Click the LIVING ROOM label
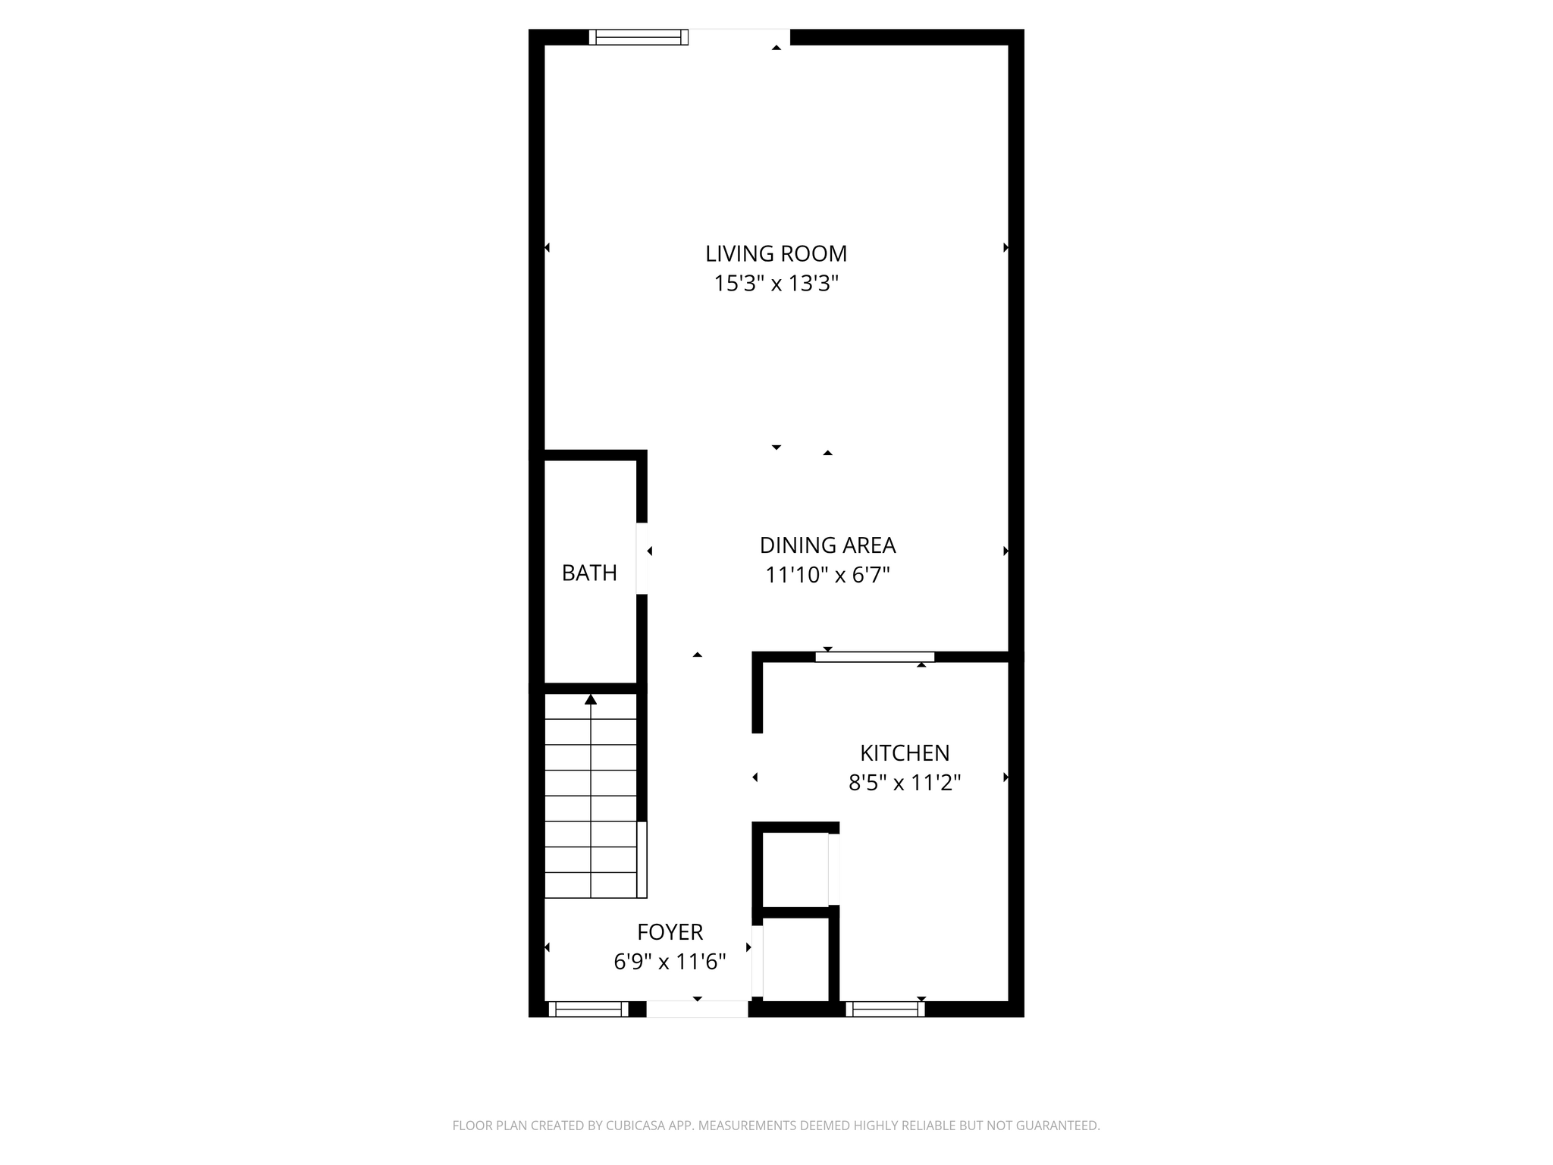776,253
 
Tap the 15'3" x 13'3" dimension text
776,284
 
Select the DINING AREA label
827,545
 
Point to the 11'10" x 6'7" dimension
827,576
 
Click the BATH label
589,573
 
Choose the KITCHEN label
905,753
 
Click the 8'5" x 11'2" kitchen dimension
905,783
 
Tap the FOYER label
670,931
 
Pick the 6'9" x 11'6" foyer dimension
670,962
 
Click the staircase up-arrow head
591,699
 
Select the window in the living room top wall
638,37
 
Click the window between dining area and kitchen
874,657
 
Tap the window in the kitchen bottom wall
885,1009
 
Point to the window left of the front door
588,1009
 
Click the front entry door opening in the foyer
697,1009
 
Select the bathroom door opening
642,558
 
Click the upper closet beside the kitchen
795,869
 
